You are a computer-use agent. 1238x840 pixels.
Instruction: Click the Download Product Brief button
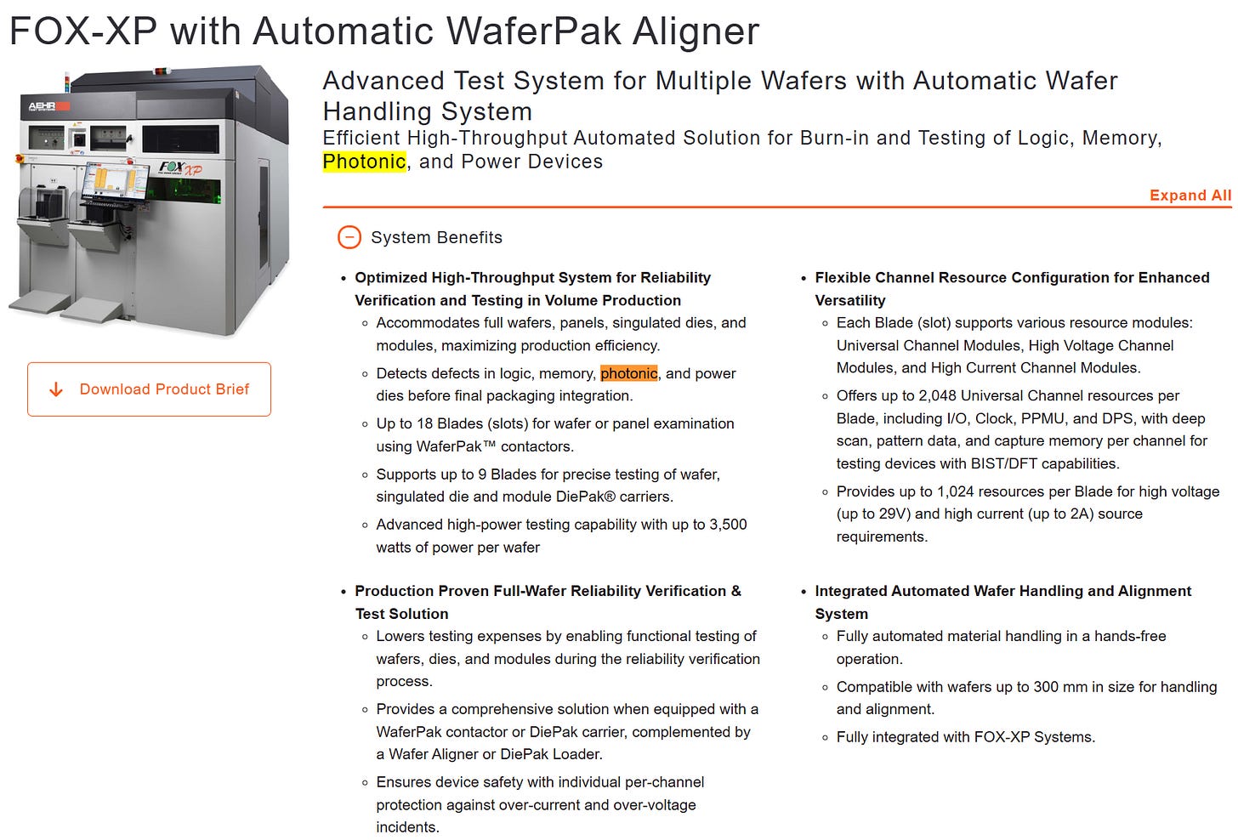pos(150,389)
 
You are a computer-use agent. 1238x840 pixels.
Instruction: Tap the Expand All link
pos(1190,195)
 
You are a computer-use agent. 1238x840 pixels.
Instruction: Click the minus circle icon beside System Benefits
pos(349,237)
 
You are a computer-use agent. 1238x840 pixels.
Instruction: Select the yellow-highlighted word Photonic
pos(364,162)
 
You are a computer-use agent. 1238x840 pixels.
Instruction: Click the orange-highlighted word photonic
pos(629,373)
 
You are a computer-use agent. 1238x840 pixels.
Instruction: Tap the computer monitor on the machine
pos(115,182)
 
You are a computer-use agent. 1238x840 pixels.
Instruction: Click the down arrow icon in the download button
pos(56,389)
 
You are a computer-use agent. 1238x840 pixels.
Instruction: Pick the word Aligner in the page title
pos(696,31)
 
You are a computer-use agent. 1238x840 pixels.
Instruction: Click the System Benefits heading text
pos(437,238)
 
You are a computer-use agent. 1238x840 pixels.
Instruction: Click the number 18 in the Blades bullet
pos(424,424)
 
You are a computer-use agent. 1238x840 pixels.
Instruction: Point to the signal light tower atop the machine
pos(67,82)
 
